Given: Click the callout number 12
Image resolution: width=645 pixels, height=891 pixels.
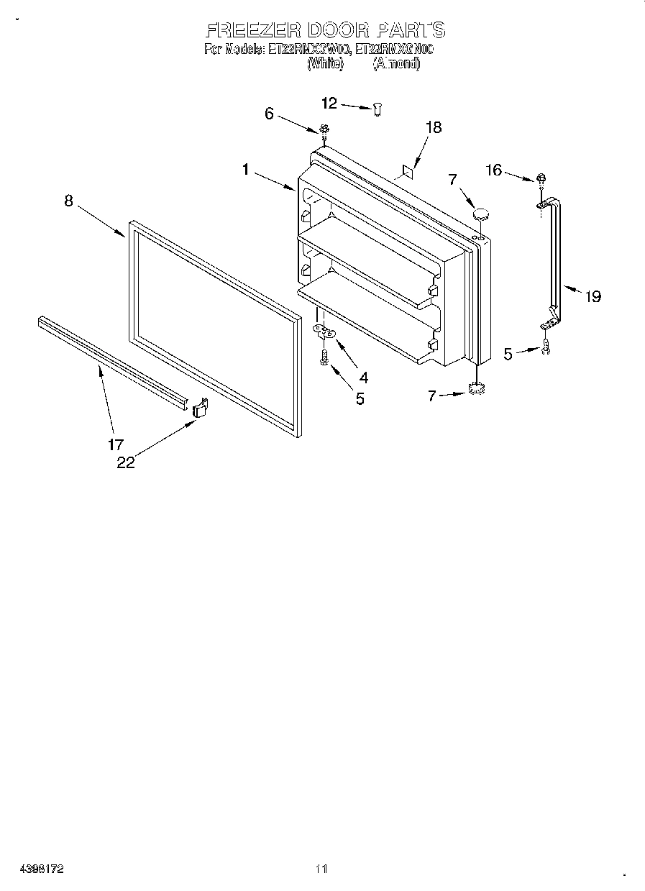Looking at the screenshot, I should pos(329,104).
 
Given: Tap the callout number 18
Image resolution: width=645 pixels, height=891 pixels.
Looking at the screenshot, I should pos(433,127).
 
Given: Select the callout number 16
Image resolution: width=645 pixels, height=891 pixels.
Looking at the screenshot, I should pos(493,170).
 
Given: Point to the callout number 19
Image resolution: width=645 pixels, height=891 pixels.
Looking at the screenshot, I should pos(593,296).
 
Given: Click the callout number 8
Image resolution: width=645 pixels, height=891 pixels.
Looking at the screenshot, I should pos(68,201).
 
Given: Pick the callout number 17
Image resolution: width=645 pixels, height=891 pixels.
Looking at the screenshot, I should pos(116,444).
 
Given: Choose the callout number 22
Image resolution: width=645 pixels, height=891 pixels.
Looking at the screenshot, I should pos(125,462).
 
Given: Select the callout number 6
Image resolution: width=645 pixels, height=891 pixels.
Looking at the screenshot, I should pos(270,113).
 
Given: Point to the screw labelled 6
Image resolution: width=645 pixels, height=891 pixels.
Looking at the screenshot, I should pos(324,131).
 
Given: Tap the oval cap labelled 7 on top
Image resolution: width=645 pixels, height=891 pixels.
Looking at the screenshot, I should pos(481,214).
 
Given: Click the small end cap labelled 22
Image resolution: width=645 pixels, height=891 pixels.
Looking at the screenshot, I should pos(200,408).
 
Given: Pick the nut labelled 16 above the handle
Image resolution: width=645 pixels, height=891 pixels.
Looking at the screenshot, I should pos(539,178).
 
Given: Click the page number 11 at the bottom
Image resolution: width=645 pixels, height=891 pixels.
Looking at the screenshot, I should pos(321,869).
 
